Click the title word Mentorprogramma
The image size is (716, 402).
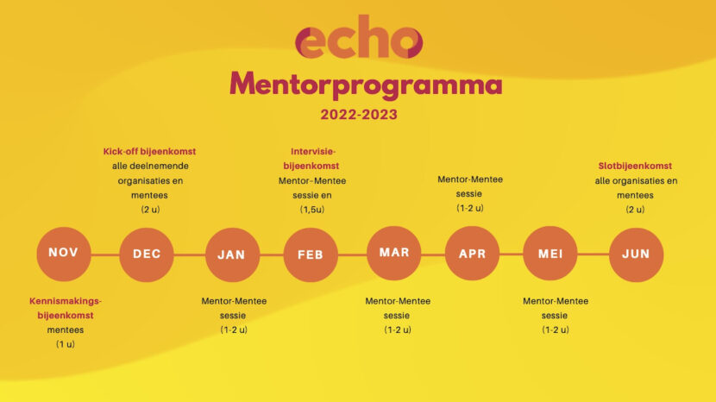[x=366, y=85]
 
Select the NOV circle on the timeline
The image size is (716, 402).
[x=64, y=254]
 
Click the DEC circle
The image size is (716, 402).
[x=147, y=254]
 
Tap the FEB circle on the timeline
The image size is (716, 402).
[x=311, y=254]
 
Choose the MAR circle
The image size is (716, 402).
[x=394, y=253]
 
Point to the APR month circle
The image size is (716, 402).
[x=473, y=254]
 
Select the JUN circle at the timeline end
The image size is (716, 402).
[x=637, y=254]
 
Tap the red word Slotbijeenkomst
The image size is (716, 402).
[x=635, y=166]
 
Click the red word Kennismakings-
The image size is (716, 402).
[x=66, y=301]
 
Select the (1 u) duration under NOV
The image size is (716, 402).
[x=66, y=344]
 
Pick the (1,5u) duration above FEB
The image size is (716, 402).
[x=312, y=209]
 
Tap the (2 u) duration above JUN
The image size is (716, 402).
[x=634, y=209]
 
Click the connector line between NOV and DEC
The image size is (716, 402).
[x=104, y=254]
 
